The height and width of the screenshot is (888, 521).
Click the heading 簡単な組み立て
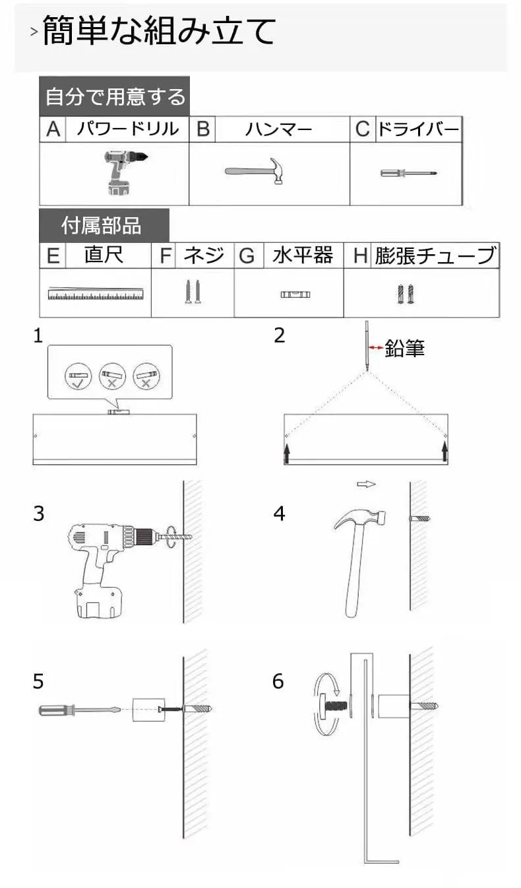point(158,31)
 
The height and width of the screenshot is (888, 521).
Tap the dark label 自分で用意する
point(115,97)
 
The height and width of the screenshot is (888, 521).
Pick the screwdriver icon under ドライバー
point(409,173)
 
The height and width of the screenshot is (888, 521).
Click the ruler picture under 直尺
point(95,294)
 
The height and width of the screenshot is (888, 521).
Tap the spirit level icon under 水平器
point(295,294)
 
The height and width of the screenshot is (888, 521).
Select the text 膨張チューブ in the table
point(435,256)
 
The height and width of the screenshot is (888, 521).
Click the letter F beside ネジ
point(166,256)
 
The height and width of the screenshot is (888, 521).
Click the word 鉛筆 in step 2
point(404,348)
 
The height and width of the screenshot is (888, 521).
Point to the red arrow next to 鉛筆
point(376,347)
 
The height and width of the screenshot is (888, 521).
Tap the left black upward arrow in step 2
point(287,452)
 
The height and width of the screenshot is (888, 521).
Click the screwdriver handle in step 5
point(55,710)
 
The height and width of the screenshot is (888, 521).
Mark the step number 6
point(278,681)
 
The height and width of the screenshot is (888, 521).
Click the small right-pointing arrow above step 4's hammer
point(365,484)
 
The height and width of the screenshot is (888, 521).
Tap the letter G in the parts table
point(247,256)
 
